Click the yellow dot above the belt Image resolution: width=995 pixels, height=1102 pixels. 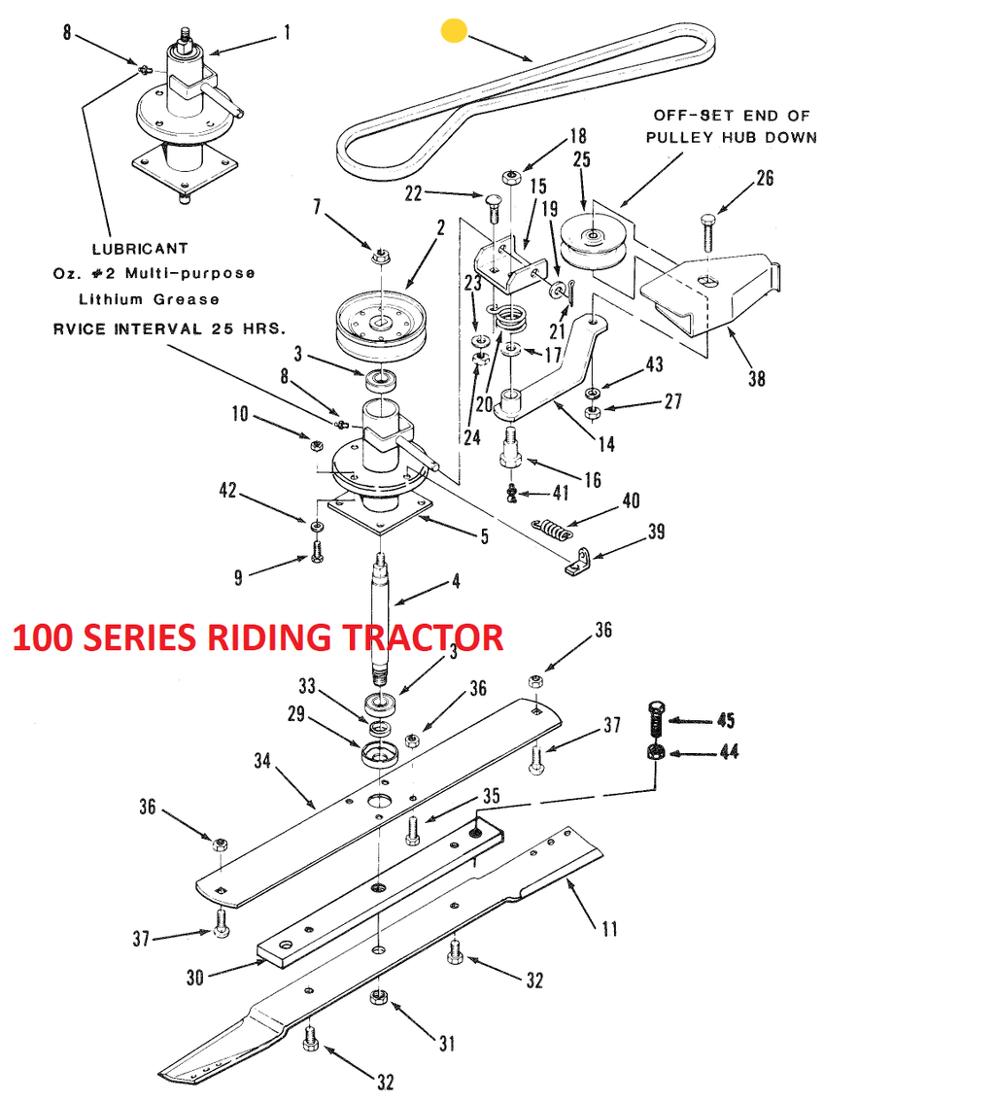(454, 30)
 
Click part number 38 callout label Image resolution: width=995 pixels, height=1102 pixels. (757, 378)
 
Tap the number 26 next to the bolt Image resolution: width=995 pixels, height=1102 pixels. (765, 178)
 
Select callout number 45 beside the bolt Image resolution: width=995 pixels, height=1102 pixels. (726, 720)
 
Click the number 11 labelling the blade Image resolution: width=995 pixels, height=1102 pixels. (609, 929)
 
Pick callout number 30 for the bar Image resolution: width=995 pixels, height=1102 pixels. (195, 977)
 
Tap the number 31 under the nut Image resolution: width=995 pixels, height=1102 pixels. (446, 1045)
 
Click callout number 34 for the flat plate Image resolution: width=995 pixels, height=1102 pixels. (261, 761)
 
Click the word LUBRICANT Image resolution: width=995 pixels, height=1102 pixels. (140, 249)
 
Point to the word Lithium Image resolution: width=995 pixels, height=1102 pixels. (112, 299)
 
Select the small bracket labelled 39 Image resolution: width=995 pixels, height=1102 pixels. (577, 562)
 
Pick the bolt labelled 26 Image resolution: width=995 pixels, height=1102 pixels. (708, 232)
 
